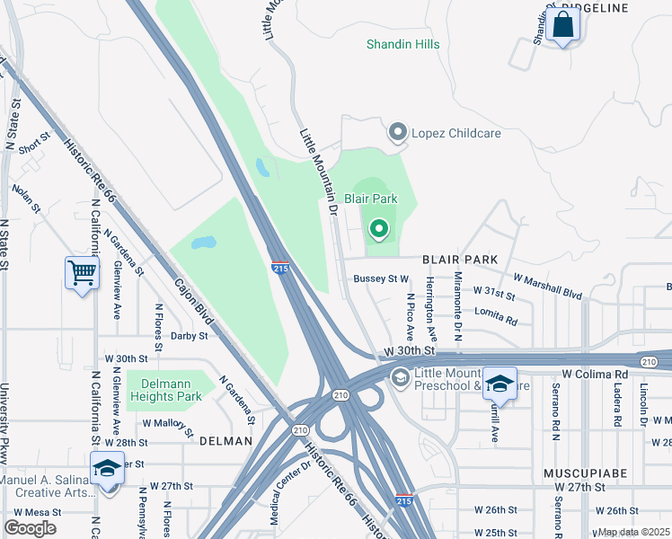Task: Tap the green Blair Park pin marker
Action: coord(378,230)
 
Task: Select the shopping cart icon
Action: coord(81,271)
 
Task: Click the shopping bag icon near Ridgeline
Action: coord(563,26)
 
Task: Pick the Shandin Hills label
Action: coord(402,44)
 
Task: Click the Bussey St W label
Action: coord(381,279)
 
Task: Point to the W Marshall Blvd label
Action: coord(549,284)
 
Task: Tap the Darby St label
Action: coord(190,336)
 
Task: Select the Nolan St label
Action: coord(26,199)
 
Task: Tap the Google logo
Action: coord(30,528)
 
